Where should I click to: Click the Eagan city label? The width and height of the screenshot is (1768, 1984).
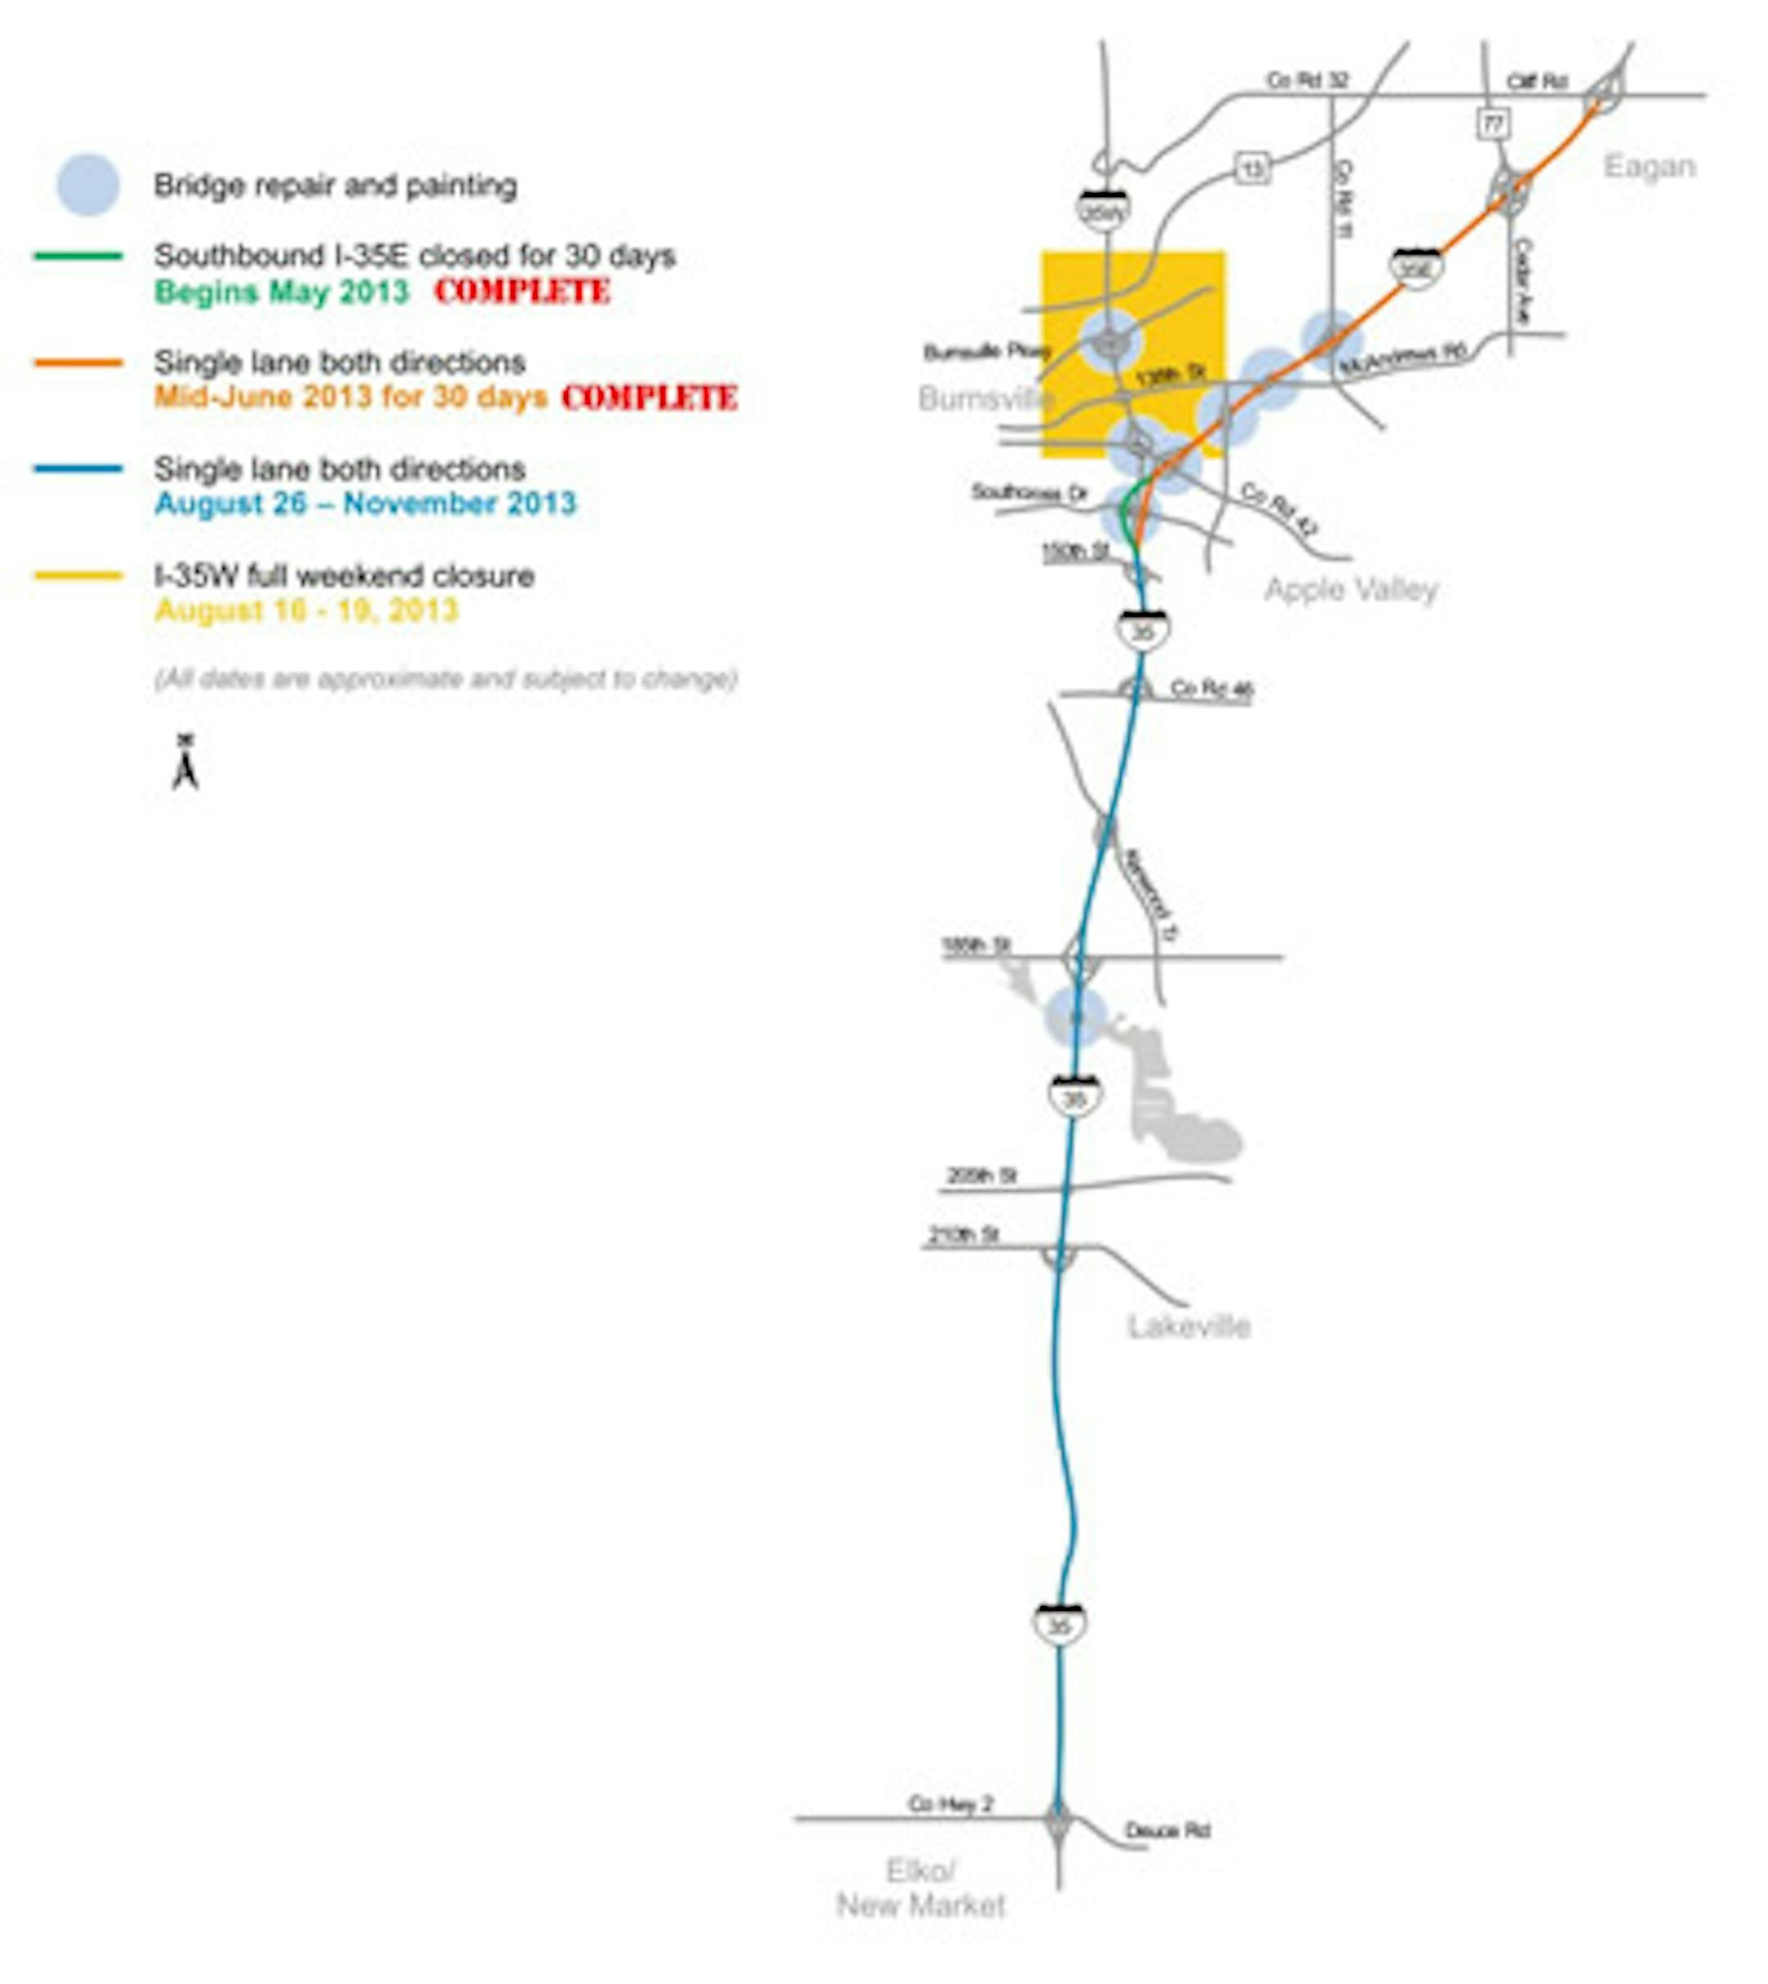click(x=1648, y=167)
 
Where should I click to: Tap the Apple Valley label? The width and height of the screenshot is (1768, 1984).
click(x=1351, y=589)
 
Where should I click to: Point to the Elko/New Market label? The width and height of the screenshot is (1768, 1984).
click(x=920, y=1887)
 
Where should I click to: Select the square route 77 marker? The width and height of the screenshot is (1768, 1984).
click(x=1493, y=124)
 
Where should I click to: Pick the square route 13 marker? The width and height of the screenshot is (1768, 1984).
click(x=1253, y=169)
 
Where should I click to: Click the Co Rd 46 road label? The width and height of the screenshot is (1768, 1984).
click(x=1211, y=689)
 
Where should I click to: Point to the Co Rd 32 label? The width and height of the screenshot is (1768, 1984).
click(x=1306, y=81)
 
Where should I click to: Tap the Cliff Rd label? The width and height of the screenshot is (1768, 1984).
click(x=1537, y=82)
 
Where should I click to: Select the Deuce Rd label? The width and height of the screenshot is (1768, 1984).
click(x=1166, y=1830)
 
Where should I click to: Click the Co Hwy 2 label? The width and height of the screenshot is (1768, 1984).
click(x=950, y=1803)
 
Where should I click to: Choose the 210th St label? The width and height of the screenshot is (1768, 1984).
click(x=963, y=1235)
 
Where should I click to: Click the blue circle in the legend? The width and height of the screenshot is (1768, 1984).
click(x=88, y=185)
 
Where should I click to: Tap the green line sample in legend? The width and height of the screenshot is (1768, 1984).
click(x=79, y=256)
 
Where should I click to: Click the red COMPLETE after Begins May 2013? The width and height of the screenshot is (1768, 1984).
click(x=523, y=291)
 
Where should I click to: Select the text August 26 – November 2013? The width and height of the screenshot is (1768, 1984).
click(x=365, y=504)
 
